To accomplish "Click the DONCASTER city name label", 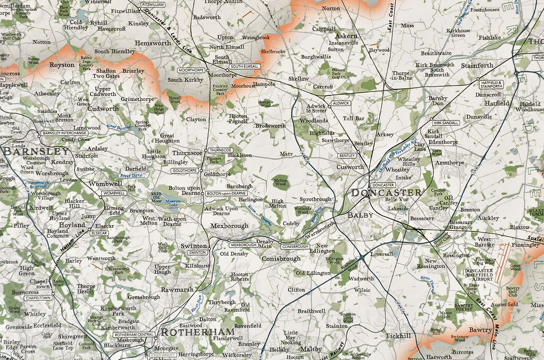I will tap(386, 193).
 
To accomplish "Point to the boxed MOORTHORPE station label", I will tap(192, 71).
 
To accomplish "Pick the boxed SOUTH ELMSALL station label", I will tap(245, 67).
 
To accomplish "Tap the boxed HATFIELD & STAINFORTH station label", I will tap(491, 84).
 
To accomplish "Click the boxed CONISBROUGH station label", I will tap(294, 246).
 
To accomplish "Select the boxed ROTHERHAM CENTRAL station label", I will tap(134, 335).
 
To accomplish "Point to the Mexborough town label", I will tap(229, 226).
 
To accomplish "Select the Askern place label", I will tap(346, 36).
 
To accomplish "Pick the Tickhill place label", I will tap(399, 336).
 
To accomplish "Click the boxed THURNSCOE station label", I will tap(220, 150).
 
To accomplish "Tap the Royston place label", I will tap(62, 65).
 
